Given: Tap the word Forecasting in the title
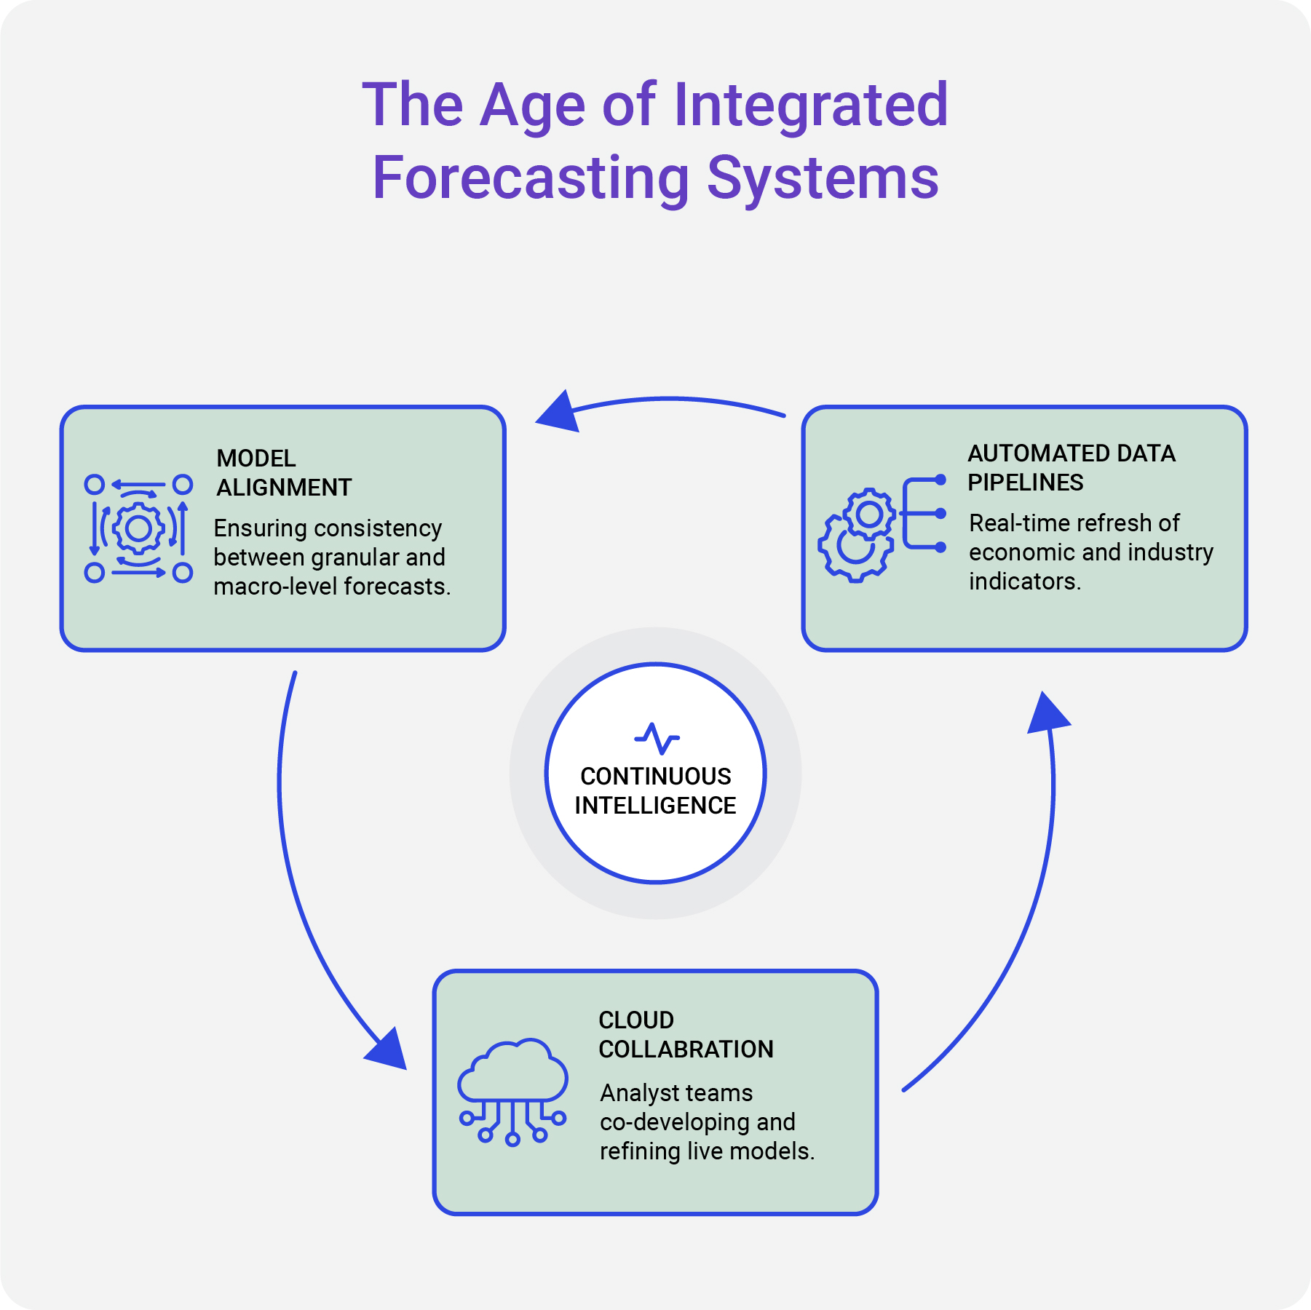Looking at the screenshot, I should pyautogui.click(x=531, y=178).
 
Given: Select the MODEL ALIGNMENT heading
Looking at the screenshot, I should pyautogui.click(x=284, y=472).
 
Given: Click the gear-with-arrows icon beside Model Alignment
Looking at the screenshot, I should pyautogui.click(x=138, y=528).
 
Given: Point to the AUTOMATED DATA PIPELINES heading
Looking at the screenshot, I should pyautogui.click(x=1071, y=467).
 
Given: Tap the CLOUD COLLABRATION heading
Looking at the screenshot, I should pyautogui.click(x=686, y=1034).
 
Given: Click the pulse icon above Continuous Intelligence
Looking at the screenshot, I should pyautogui.click(x=657, y=738).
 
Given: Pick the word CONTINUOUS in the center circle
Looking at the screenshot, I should pyautogui.click(x=655, y=777).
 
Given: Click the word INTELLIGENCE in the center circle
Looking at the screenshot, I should pyautogui.click(x=655, y=806).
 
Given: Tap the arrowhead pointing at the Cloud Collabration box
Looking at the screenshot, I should pyautogui.click(x=386, y=1050).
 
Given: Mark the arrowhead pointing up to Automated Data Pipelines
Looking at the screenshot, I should pyautogui.click(x=1047, y=713).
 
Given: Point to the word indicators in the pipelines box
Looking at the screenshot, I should pyautogui.click(x=1024, y=581).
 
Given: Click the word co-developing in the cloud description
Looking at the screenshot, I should pyautogui.click(x=674, y=1122).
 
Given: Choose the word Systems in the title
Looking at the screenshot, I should pyautogui.click(x=823, y=178).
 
